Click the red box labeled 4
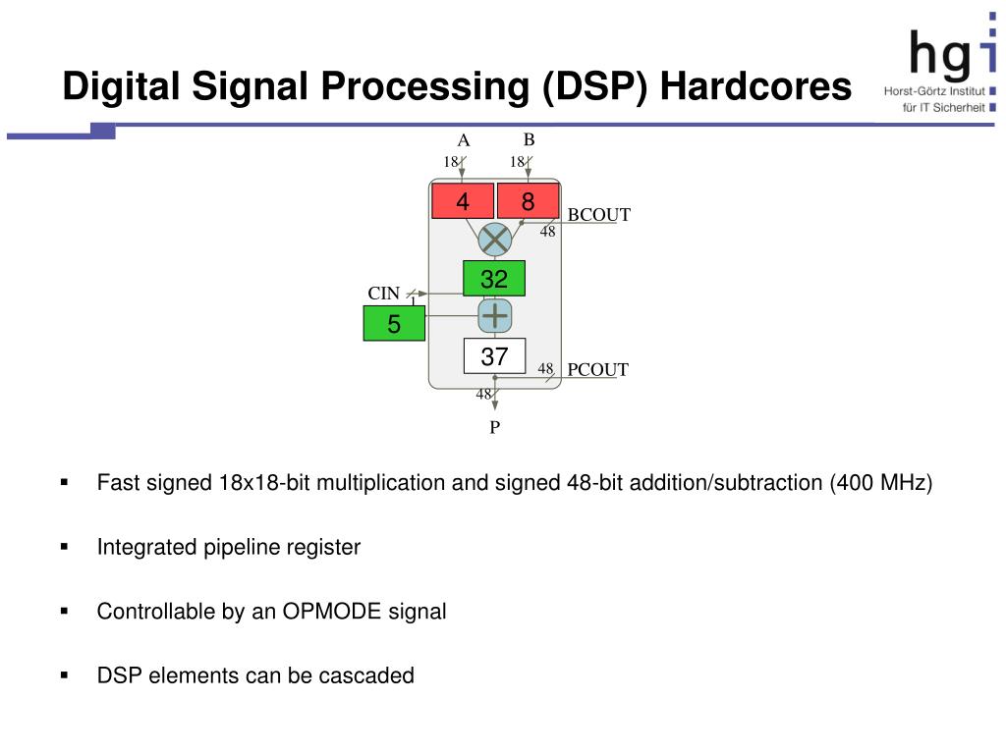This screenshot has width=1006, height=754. pos(463,201)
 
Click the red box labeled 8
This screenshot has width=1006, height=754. pos(528,201)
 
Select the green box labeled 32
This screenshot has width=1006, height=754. pos(494,279)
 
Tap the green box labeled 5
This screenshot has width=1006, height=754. pos(394,324)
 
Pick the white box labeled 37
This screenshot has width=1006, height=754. pos(494,356)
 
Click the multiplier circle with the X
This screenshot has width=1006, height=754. pos(495,240)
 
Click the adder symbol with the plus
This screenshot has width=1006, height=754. pos(495,316)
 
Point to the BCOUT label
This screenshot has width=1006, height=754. pos(598,215)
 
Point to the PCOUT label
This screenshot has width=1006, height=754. pos(597,369)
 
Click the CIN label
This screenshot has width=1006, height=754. pos(384,294)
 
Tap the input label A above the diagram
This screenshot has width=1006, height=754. pos(464,141)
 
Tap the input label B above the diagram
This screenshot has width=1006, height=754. pos(529,140)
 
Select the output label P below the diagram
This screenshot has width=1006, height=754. pos(495,427)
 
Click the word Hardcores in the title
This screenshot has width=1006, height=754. pos(755,87)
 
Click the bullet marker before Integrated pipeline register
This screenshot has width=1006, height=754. pos(65,547)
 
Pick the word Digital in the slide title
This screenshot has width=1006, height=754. pos(122,87)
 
